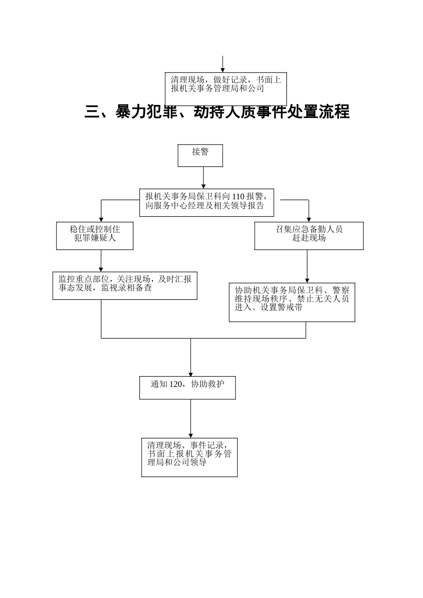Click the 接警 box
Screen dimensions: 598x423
(x=200, y=155)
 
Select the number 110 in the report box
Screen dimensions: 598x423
(x=239, y=196)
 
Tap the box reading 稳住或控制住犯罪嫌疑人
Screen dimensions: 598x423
(x=95, y=236)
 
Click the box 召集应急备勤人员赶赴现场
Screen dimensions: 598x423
(x=309, y=236)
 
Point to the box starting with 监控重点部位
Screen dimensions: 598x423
(x=125, y=285)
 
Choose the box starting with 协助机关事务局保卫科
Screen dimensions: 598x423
(x=292, y=302)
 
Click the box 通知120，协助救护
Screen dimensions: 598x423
(x=187, y=388)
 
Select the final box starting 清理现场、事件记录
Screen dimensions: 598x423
(x=189, y=457)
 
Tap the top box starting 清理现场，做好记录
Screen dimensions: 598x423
(x=226, y=89)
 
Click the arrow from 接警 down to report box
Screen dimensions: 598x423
(x=203, y=178)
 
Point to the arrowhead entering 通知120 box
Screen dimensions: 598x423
(x=191, y=374)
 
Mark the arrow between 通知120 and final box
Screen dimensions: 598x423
(x=191, y=418)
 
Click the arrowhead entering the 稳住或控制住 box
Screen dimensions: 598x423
(x=102, y=219)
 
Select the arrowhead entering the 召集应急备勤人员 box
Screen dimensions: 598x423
(x=309, y=219)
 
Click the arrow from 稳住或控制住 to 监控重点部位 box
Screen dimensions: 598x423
(x=101, y=260)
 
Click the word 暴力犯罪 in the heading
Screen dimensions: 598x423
(x=146, y=112)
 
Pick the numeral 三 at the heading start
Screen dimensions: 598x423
(x=92, y=112)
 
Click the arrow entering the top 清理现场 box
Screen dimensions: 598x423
(x=223, y=65)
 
